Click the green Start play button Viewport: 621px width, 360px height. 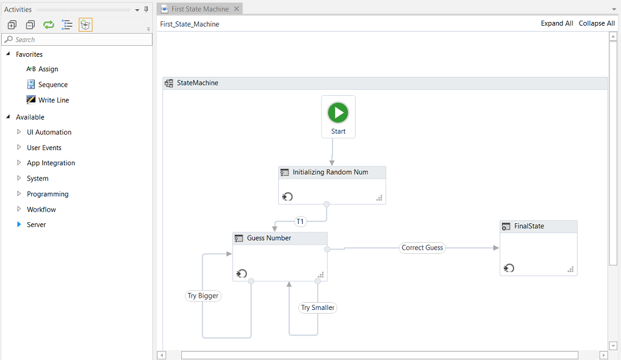[338, 112]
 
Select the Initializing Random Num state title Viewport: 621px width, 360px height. [330, 173]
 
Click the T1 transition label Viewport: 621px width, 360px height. [300, 221]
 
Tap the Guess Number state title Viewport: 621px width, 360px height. [269, 239]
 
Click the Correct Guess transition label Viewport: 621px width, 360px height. [422, 248]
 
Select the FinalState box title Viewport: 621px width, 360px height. [529, 226]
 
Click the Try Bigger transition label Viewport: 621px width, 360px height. [203, 296]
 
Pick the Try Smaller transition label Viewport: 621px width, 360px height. [318, 308]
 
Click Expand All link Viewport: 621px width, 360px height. [557, 23]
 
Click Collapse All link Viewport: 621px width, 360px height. [597, 23]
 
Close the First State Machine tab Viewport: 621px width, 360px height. [237, 9]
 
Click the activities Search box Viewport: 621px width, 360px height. [79, 40]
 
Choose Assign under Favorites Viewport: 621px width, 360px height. [48, 70]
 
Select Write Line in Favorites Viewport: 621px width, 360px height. [54, 100]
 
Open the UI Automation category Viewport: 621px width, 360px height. [49, 132]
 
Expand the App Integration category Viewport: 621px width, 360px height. [51, 163]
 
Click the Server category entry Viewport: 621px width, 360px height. [36, 225]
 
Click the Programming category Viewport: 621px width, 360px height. [48, 194]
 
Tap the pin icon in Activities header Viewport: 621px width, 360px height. [146, 9]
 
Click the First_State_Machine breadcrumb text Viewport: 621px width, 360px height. [189, 24]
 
